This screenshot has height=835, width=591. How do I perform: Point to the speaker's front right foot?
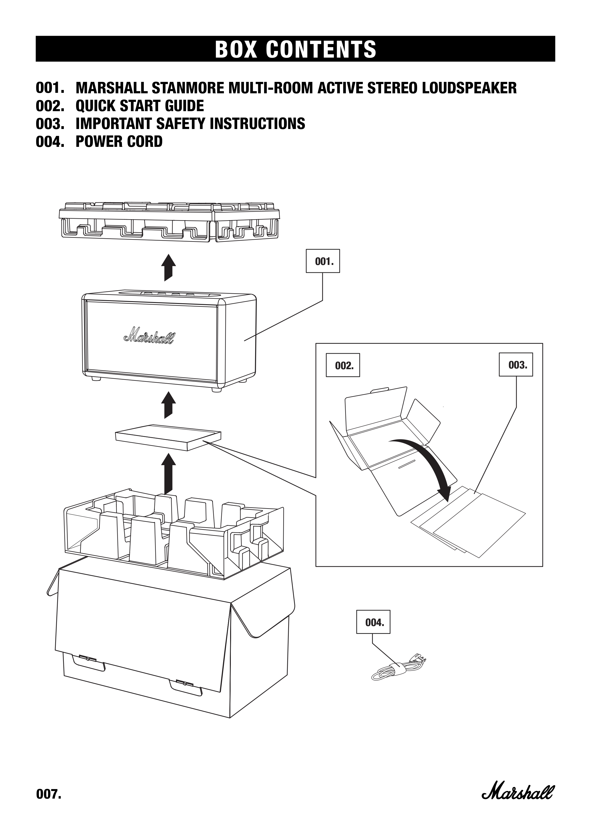point(217,389)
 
